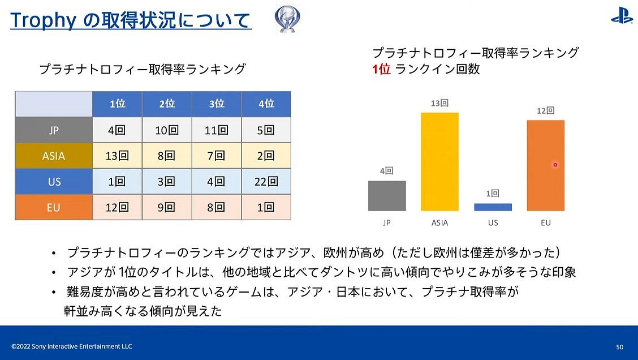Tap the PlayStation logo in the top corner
pos(621,18)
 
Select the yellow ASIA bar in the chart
pos(439,162)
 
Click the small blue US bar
pos(493,207)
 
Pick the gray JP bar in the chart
pos(387,196)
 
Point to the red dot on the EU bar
pos(555,165)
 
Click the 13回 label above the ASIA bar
pos(439,104)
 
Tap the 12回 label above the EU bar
pos(545,111)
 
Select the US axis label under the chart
pos(493,223)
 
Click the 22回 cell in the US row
pos(266,182)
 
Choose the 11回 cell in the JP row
pos(217,130)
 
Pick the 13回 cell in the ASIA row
pos(117,156)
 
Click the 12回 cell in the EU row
pos(117,207)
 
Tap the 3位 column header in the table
pos(217,104)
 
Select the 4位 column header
pos(266,104)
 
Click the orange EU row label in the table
pos(54,207)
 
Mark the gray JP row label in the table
pos(54,130)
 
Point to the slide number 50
pos(619,346)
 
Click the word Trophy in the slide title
pos(43,21)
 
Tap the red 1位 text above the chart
pos(381,69)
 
